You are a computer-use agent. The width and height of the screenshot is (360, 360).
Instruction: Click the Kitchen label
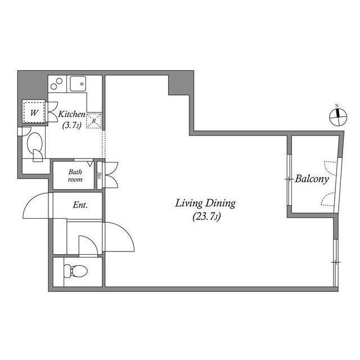click(72, 114)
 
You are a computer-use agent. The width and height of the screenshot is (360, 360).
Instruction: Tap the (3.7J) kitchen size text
click(71, 125)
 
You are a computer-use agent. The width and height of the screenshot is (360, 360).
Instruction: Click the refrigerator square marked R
click(94, 120)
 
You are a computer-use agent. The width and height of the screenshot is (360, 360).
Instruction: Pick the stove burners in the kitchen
click(57, 84)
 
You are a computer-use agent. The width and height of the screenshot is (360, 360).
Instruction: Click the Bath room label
click(76, 176)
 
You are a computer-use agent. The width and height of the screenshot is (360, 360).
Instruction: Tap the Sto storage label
click(100, 175)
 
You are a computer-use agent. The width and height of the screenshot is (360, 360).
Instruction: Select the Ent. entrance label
click(80, 205)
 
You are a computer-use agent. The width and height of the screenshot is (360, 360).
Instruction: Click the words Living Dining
click(205, 204)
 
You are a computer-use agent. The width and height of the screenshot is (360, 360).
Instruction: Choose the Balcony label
click(312, 180)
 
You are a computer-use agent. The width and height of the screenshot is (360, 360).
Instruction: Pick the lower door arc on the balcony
click(329, 200)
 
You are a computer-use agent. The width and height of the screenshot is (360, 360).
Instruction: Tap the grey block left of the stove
click(32, 84)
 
